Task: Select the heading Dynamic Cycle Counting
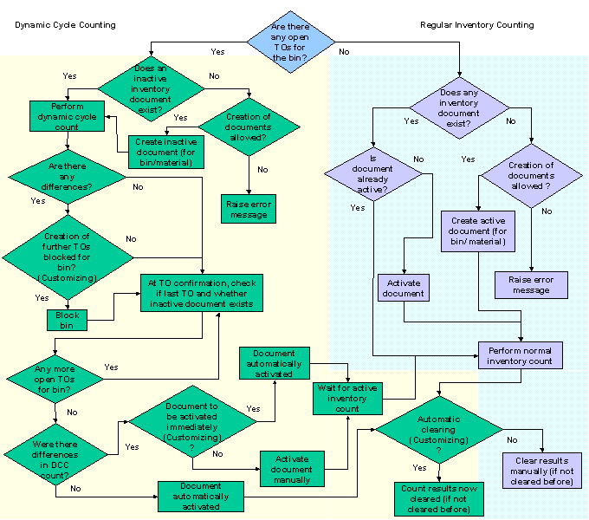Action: (65, 25)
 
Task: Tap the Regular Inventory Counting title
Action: (476, 25)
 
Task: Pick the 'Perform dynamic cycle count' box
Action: (68, 116)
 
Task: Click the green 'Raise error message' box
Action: (249, 208)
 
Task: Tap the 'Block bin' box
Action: (68, 320)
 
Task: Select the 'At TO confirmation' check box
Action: (201, 293)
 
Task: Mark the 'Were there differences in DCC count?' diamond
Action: (55, 456)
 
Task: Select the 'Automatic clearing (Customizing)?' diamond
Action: (438, 429)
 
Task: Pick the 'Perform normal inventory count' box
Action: (520, 355)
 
